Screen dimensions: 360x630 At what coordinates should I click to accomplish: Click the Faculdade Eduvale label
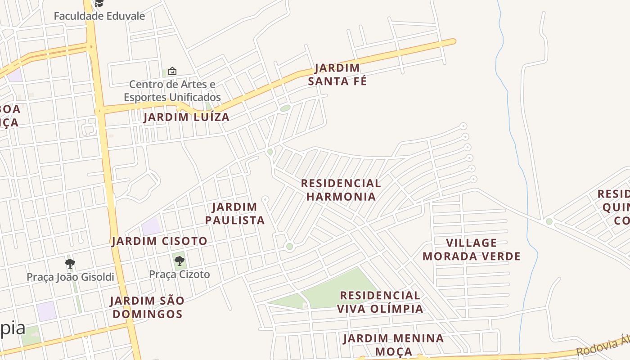point(99,16)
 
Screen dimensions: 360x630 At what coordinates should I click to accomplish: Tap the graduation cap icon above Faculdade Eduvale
point(99,4)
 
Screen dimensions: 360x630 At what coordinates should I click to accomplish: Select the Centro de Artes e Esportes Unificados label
point(172,90)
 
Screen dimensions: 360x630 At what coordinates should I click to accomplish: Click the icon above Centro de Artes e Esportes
point(172,71)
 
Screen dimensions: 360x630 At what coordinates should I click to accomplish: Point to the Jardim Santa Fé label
point(337,75)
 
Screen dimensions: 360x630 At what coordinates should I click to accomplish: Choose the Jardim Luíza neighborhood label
point(186,117)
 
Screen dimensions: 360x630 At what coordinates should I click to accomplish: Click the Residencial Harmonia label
point(341,190)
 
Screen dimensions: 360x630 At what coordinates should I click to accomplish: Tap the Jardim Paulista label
point(235,213)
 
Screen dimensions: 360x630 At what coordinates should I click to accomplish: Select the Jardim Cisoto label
point(159,241)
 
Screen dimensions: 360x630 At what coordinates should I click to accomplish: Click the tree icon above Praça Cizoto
point(179,261)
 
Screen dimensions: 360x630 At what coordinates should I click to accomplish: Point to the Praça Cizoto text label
point(179,274)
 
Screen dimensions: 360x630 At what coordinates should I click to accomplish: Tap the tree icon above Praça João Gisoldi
point(70,263)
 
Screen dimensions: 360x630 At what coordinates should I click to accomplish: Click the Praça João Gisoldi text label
point(70,277)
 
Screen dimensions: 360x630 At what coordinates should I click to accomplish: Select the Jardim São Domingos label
point(147,307)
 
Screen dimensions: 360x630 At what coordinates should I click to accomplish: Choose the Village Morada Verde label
point(471,250)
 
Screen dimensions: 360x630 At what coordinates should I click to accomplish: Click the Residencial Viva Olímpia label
point(380,302)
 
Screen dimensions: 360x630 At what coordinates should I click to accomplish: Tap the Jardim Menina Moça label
point(393,345)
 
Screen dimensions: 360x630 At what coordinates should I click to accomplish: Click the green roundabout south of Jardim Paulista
point(289,246)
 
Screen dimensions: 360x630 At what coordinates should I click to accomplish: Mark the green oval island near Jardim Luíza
point(285,108)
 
